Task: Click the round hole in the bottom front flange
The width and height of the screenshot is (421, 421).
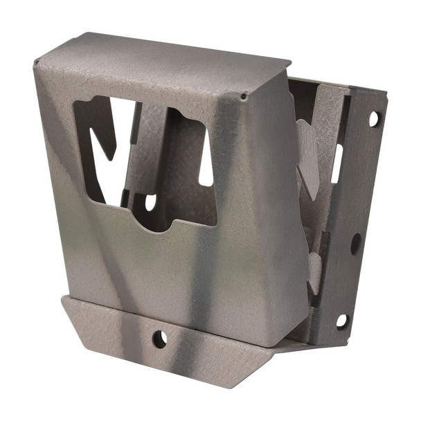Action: click(x=159, y=339)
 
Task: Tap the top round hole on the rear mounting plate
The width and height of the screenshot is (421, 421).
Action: click(x=374, y=119)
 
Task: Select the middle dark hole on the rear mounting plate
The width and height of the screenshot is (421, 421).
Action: click(x=356, y=243)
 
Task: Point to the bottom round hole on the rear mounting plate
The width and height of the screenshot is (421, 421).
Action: click(x=342, y=321)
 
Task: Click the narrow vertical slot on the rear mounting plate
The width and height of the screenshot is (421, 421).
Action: click(x=337, y=163)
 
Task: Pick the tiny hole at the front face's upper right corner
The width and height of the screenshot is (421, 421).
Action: click(x=243, y=97)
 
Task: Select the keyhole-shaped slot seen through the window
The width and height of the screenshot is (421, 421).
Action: click(x=150, y=201)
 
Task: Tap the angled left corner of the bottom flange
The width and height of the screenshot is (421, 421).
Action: click(x=69, y=308)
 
